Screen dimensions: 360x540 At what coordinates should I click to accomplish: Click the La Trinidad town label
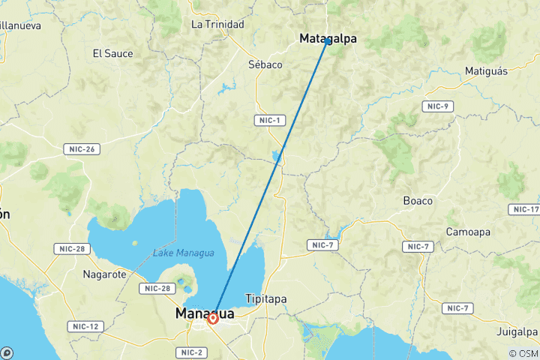tap(217, 25)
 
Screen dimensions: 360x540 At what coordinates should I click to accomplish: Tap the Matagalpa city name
tap(328, 37)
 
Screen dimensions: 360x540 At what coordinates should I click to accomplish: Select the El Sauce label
tap(112, 53)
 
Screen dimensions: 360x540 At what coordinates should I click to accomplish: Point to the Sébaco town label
tap(265, 64)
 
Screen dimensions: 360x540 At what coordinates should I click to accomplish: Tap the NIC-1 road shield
tap(268, 121)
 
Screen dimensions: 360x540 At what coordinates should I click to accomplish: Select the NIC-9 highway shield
tap(436, 106)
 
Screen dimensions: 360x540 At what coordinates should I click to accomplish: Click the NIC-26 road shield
tap(79, 149)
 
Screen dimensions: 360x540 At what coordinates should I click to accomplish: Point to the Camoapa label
tap(469, 232)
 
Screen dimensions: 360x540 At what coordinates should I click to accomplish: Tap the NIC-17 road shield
tap(524, 208)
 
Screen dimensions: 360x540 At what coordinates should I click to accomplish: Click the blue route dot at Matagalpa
tap(328, 41)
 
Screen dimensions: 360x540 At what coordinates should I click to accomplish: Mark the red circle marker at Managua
tap(213, 319)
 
